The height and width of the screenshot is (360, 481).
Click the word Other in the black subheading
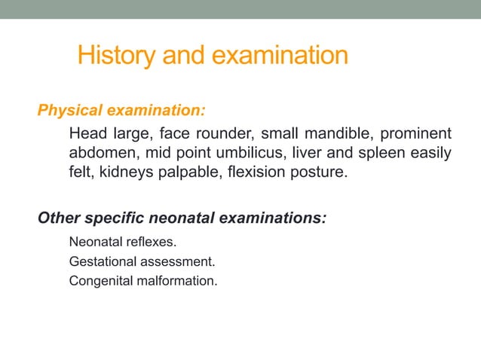(57, 218)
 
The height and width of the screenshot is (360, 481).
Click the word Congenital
(98, 282)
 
